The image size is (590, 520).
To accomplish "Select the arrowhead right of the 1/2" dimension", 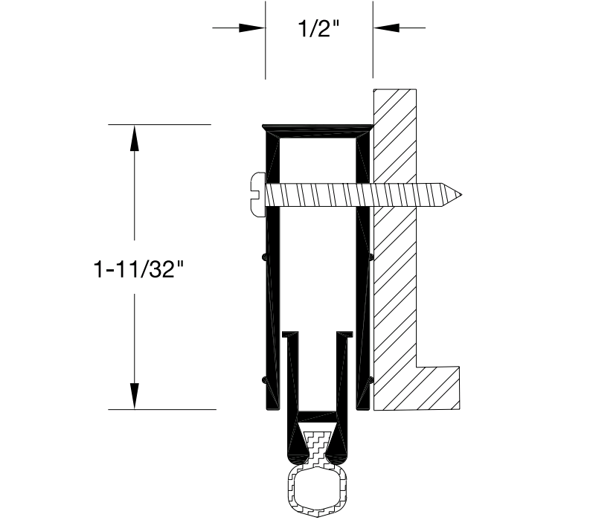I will [386, 28].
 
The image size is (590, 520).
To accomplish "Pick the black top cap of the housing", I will [318, 129].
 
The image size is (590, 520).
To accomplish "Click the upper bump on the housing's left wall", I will [265, 257].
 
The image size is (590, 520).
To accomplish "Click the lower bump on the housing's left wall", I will [265, 380].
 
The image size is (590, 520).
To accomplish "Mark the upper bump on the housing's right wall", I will [371, 257].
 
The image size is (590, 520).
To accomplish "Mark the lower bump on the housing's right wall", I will [371, 380].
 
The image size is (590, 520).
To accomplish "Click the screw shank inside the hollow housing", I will [318, 194].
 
